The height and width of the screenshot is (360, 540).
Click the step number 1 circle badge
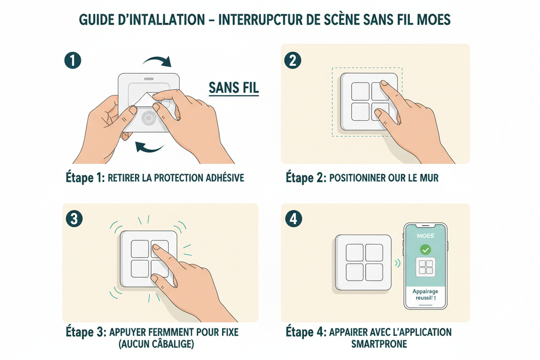click(73, 60)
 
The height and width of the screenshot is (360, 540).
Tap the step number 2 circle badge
click(293, 60)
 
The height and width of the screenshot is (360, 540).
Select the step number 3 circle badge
click(73, 219)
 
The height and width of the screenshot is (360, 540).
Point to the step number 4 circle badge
click(293, 219)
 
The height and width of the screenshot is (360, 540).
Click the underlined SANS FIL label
click(234, 88)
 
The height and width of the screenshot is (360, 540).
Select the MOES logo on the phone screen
click(425, 235)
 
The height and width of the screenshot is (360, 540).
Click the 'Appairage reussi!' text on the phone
click(425, 294)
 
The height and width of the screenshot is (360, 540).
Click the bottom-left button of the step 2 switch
click(360, 111)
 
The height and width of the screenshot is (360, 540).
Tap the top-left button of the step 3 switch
click(140, 249)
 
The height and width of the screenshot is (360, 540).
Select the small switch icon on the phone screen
click(425, 268)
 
